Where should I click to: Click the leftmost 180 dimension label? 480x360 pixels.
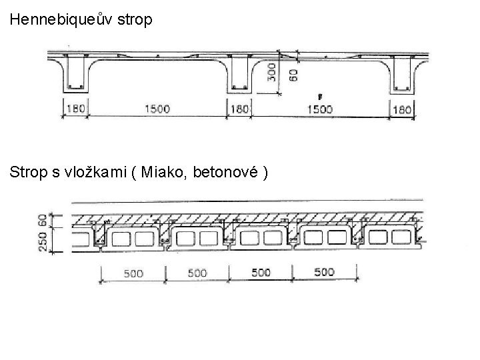click(75, 109)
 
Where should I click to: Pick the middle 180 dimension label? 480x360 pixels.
click(239, 109)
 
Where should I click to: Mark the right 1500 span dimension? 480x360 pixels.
click(319, 109)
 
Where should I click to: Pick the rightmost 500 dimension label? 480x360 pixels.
click(325, 272)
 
